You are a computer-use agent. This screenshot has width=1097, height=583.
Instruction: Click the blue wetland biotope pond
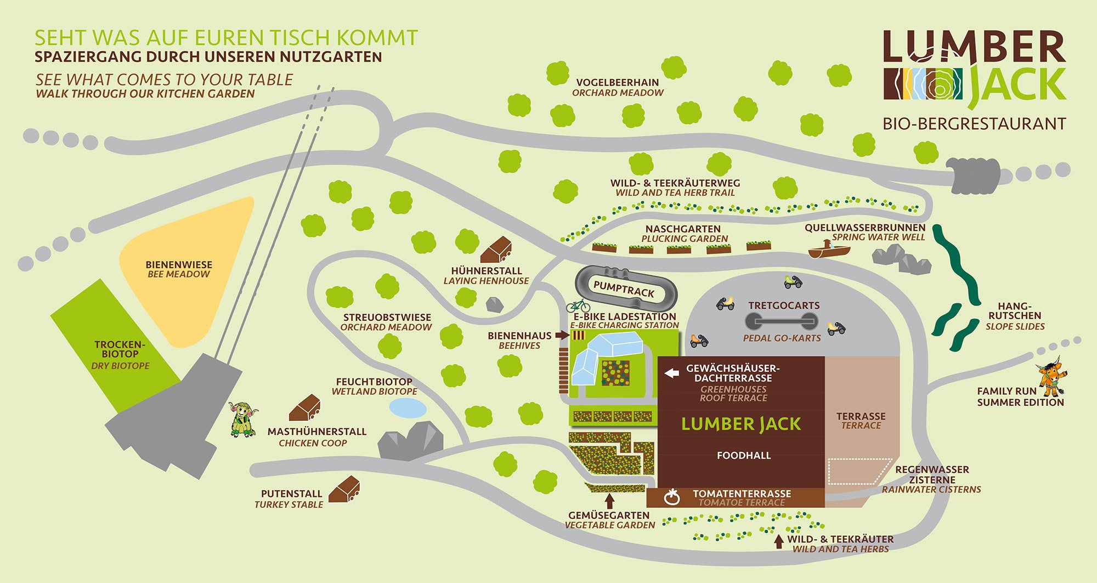click(408, 408)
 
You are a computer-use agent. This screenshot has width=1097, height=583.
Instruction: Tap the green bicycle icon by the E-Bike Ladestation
click(578, 305)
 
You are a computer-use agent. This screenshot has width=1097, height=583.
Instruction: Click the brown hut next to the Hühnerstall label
click(496, 251)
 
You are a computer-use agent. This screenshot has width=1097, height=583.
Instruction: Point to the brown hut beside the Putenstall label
click(344, 490)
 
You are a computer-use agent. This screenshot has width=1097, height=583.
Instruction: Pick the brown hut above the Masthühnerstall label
click(304, 408)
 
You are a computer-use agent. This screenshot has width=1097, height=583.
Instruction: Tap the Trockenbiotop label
click(120, 349)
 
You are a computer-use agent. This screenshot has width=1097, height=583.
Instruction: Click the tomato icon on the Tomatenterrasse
click(672, 497)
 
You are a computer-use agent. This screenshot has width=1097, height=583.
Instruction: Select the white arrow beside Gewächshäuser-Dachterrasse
click(672, 373)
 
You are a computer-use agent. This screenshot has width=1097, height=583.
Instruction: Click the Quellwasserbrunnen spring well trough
click(829, 251)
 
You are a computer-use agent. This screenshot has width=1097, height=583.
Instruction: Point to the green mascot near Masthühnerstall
click(242, 419)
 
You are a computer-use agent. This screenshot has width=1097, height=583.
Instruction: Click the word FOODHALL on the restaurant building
click(744, 455)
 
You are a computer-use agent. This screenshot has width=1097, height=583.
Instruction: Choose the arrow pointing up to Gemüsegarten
click(609, 501)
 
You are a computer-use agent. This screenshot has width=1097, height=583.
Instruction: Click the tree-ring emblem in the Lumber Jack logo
click(939, 84)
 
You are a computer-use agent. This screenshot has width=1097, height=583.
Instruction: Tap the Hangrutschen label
click(1015, 315)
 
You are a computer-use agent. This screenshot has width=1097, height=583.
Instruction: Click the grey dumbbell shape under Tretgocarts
click(781, 321)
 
